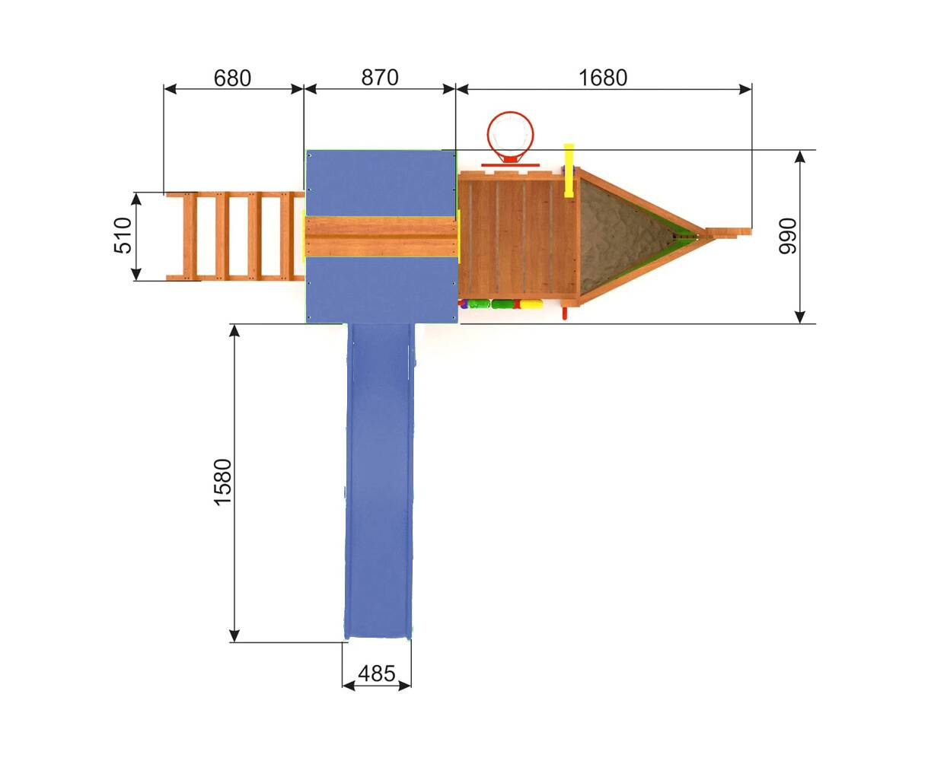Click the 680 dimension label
[232, 78]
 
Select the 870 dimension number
[380, 78]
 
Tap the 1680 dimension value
[603, 78]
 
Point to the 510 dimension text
[123, 235]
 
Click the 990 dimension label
[787, 236]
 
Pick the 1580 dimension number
[222, 482]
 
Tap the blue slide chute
[378, 481]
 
